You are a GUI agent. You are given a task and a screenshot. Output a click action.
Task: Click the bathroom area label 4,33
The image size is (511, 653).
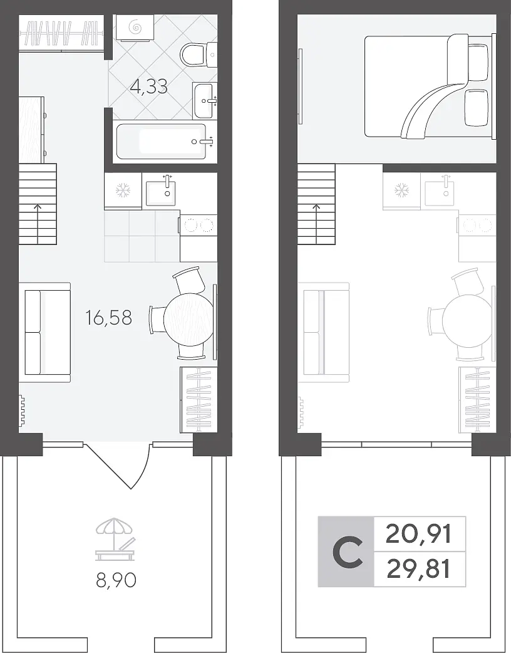(148, 86)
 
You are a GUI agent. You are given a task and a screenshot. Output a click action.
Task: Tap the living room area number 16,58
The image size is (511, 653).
(108, 318)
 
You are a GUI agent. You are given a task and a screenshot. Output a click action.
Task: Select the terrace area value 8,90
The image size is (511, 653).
(116, 580)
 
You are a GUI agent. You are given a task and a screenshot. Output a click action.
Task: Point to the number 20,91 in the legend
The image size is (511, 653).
(418, 535)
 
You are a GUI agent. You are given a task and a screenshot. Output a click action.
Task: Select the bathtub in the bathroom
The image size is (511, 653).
(162, 142)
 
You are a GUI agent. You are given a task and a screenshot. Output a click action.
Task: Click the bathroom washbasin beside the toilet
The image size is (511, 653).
(205, 100)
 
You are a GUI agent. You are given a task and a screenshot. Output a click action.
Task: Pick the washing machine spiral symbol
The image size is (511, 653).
(135, 28)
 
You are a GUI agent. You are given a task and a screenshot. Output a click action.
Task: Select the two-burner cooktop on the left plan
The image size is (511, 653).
(199, 226)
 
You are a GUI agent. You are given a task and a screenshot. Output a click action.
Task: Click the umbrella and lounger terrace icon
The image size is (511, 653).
(115, 539)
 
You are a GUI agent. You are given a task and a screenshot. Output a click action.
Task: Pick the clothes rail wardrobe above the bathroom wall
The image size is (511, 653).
(61, 33)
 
